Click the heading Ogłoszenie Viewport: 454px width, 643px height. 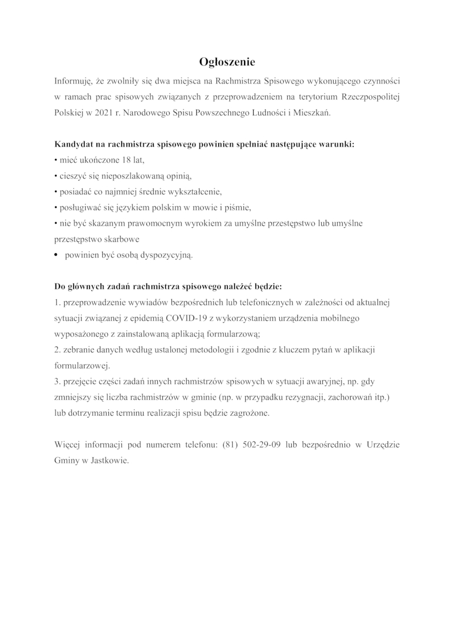[227, 61]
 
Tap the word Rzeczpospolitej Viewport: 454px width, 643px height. [372, 96]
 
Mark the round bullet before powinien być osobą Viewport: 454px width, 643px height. [56, 256]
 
